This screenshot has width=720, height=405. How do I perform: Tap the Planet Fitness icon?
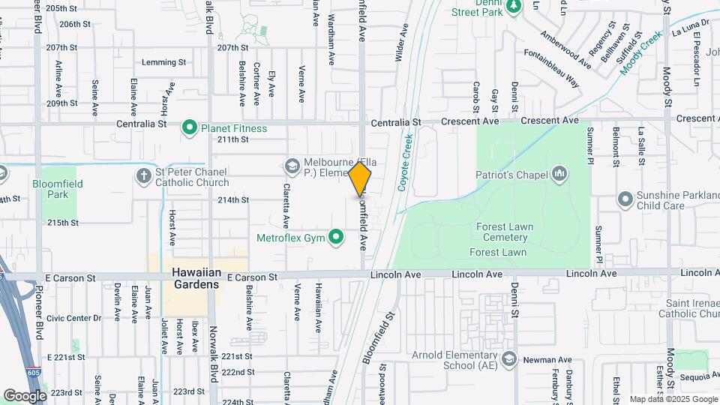click(190, 128)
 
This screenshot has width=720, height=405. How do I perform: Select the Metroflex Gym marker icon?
click(337, 238)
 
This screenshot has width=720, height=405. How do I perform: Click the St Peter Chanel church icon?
click(143, 176)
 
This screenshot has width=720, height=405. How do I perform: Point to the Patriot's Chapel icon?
click(559, 175)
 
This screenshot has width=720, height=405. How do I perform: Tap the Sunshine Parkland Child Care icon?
click(624, 199)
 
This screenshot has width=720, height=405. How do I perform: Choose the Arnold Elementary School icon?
click(510, 358)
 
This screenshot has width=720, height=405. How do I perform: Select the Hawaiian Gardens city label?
click(195, 278)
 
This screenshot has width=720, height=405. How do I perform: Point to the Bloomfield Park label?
click(58, 189)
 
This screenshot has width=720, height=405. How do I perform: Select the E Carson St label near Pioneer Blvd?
click(70, 277)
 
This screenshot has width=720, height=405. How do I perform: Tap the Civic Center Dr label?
click(73, 318)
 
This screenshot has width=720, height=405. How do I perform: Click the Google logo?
click(25, 395)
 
